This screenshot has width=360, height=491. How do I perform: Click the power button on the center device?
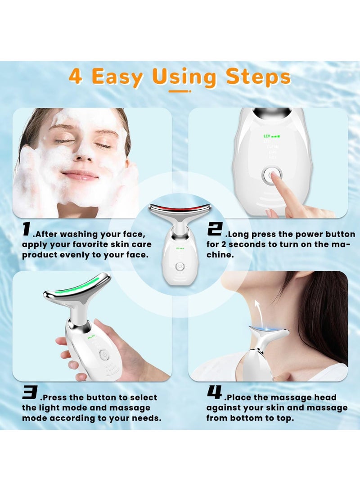coord(180,266)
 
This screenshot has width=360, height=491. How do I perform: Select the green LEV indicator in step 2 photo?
coord(271,135)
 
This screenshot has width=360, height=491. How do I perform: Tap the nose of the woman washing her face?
coord(82,154)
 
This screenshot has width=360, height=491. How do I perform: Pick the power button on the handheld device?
coord(103,354)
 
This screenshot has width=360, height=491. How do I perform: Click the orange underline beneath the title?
coord(180,91)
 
